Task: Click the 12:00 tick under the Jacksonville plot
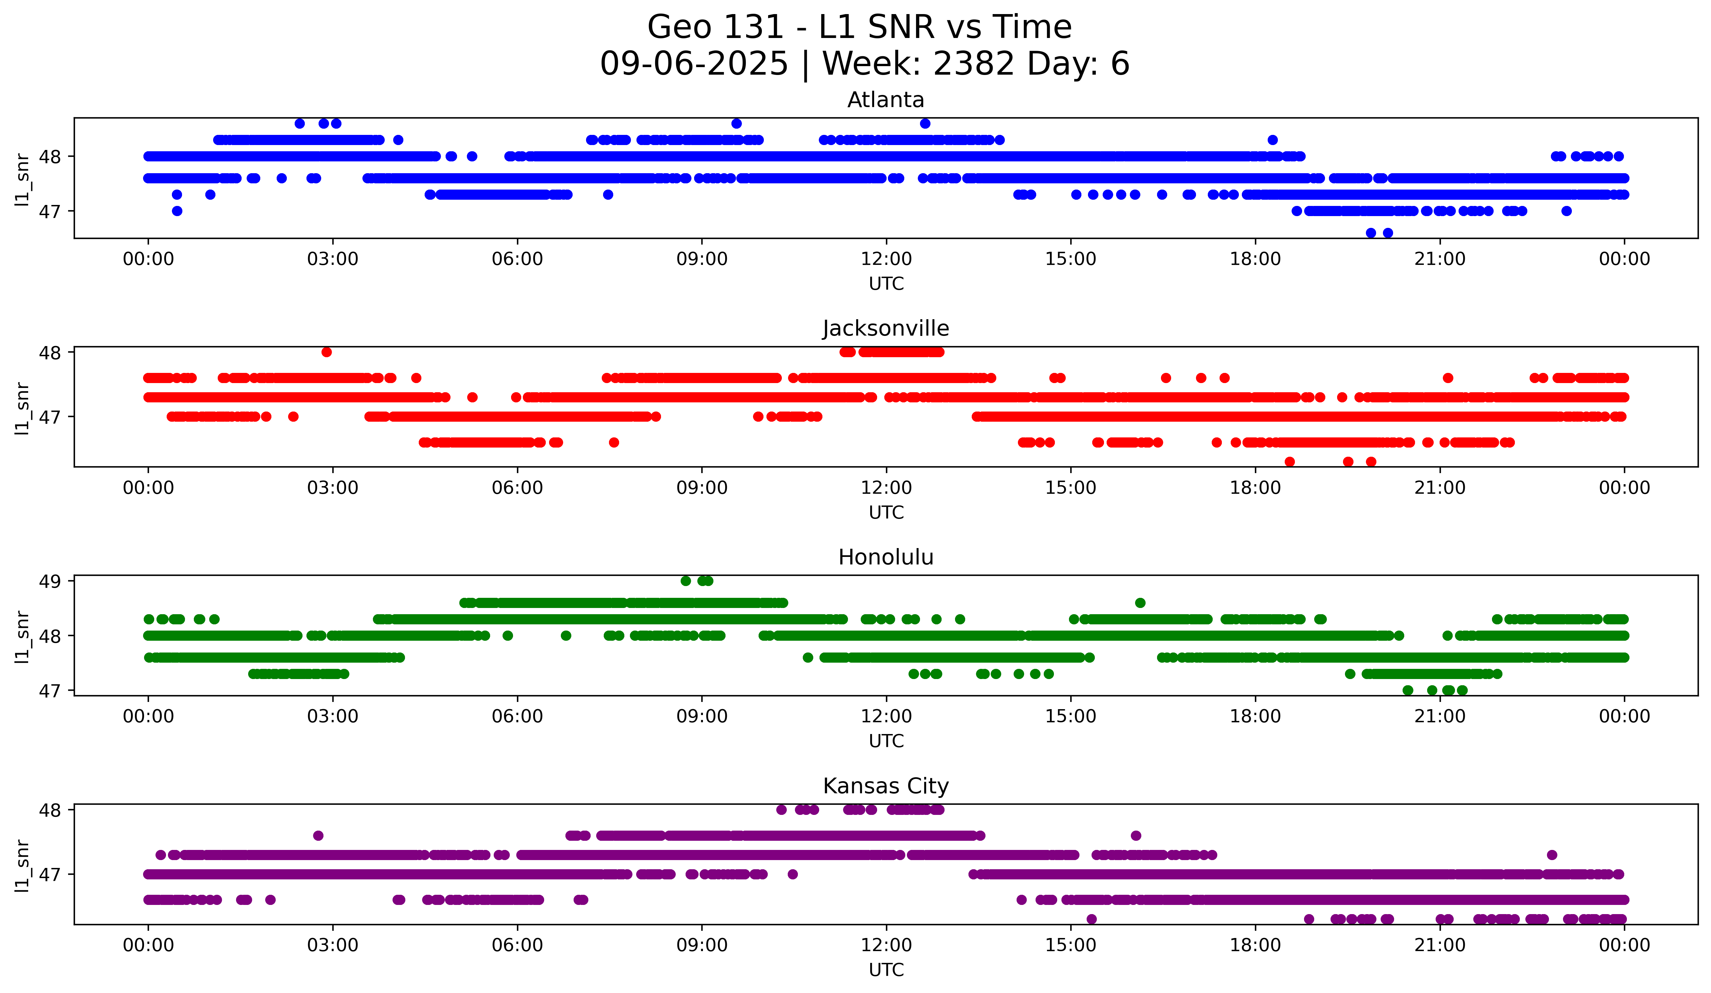pyautogui.click(x=886, y=487)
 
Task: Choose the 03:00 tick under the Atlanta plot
pyautogui.click(x=333, y=259)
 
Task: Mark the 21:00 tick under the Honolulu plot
pyautogui.click(x=1439, y=716)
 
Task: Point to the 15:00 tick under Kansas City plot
pyautogui.click(x=1071, y=945)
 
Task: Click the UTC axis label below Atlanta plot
pyautogui.click(x=886, y=284)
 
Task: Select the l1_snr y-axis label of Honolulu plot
pyautogui.click(x=22, y=636)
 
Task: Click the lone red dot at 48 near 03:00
pyautogui.click(x=327, y=352)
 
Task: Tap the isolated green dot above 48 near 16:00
pyautogui.click(x=1140, y=603)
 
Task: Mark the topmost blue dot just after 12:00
pyautogui.click(x=925, y=123)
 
